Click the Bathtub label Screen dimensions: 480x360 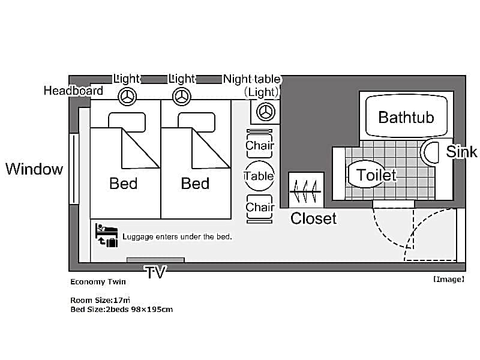point(406,117)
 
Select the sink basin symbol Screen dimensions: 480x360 point(430,152)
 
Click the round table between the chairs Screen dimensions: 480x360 point(259,176)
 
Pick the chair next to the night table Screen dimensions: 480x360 point(259,143)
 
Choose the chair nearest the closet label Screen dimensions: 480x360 point(259,209)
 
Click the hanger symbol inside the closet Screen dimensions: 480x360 point(306,191)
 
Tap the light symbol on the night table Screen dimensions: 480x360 point(265,112)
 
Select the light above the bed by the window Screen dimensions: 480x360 point(127,97)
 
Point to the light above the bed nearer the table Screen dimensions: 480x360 point(182,97)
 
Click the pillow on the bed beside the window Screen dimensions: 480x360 point(127,122)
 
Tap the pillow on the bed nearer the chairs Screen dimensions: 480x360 point(197,122)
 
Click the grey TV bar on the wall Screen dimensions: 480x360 point(155,260)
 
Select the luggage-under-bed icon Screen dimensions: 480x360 point(106,235)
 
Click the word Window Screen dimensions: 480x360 point(34,169)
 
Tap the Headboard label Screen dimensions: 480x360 point(73,91)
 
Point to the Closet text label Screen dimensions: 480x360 point(313,218)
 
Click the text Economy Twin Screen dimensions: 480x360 point(98,281)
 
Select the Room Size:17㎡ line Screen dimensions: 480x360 point(100,300)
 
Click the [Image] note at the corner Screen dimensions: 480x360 point(449,279)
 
